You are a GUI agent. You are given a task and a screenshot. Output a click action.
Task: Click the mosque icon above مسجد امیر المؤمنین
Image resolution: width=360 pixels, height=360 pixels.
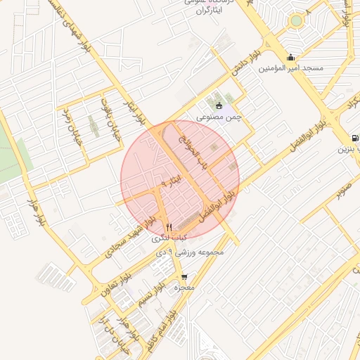click(x=290, y=58)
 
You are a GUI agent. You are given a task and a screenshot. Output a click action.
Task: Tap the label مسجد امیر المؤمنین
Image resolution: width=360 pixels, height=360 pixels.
click(x=290, y=69)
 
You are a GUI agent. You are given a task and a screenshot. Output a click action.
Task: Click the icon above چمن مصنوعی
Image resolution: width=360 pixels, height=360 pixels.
click(x=218, y=106)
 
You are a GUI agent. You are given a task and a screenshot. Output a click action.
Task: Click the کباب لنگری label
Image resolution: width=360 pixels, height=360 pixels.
click(x=169, y=239)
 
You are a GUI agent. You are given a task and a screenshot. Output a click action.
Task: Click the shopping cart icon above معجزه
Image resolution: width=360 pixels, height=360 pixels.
click(x=184, y=277)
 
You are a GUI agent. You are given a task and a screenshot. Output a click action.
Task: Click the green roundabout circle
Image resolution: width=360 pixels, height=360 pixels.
click(x=296, y=21)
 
